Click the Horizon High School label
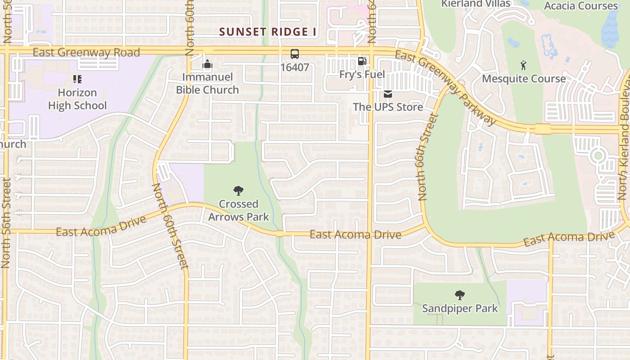77,99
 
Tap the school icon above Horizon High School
77,80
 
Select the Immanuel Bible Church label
207,83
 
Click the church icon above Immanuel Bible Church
207,64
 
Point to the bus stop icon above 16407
295,54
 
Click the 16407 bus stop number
295,67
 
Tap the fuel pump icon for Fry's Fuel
362,61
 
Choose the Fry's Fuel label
362,74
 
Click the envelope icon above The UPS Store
388,94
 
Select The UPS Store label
388,107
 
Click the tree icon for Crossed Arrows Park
238,191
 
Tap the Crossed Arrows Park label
238,210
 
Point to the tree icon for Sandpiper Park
459,296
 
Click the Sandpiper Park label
459,309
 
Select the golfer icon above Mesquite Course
523,66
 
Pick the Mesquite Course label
524,79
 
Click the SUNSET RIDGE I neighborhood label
268,32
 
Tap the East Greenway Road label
86,53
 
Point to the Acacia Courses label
580,6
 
